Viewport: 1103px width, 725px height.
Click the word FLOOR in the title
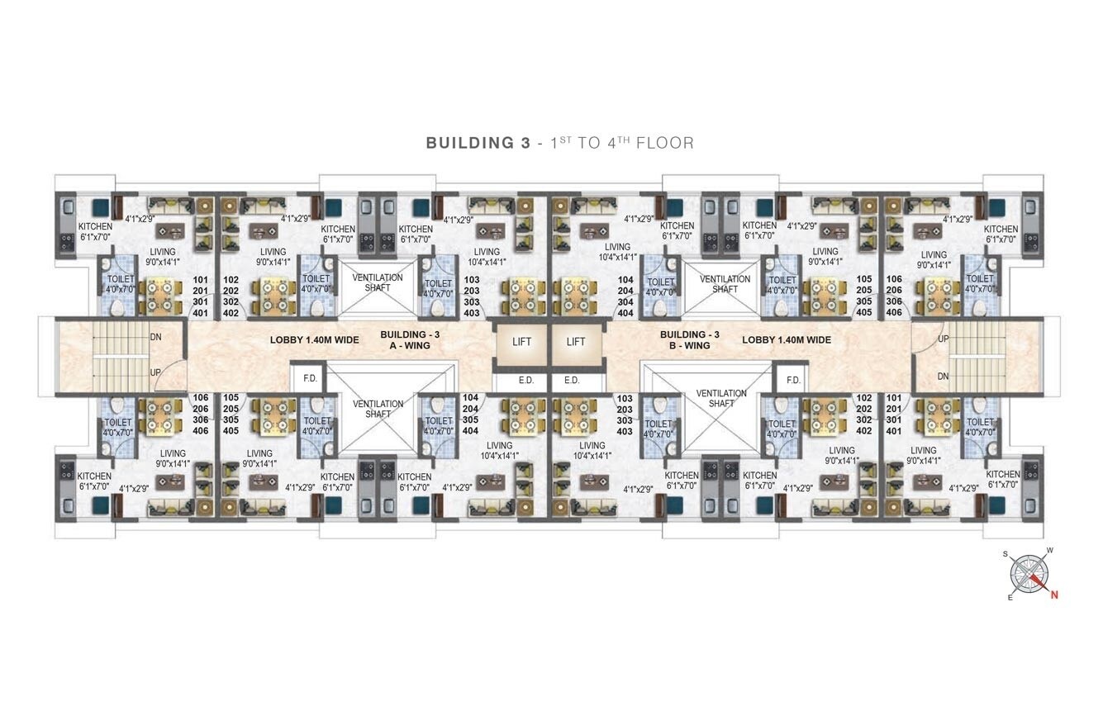click(665, 143)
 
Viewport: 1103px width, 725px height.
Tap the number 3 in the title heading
click(525, 143)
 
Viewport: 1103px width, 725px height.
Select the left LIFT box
click(521, 342)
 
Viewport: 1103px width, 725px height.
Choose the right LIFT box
click(576, 342)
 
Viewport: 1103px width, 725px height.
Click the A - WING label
click(410, 346)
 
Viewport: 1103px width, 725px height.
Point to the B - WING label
click(689, 346)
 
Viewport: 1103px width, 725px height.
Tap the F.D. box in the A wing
click(310, 378)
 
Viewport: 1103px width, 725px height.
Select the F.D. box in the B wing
click(793, 380)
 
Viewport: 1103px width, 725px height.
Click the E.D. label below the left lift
click(526, 381)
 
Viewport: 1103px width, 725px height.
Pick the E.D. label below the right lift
click(572, 381)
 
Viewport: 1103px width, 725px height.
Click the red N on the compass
click(1054, 595)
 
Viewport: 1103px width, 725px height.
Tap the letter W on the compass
click(1050, 550)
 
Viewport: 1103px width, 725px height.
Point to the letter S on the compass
click(1006, 554)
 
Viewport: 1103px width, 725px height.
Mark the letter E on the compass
click(1010, 598)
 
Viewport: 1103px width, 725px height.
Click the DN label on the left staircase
click(155, 337)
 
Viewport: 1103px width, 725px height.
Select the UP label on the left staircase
click(155, 372)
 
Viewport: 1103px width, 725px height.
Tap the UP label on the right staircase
click(943, 339)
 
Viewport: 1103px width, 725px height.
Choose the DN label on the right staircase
click(943, 377)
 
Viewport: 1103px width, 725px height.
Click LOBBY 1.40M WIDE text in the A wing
click(314, 340)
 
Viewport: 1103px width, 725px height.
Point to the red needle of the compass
click(1039, 582)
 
